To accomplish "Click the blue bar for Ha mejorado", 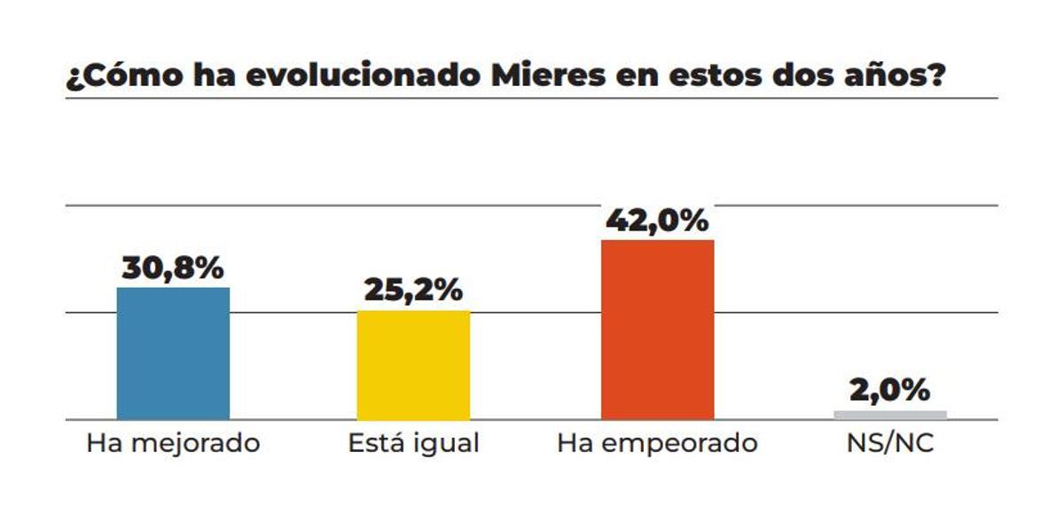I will (173, 354).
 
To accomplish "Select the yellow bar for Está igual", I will (413, 365).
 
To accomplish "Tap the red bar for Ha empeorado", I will (657, 330).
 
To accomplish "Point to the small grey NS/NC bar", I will (889, 415).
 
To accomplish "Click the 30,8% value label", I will (173, 269).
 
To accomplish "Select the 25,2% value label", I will (413, 291).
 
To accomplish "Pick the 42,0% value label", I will (657, 221).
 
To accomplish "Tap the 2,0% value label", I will (889, 390).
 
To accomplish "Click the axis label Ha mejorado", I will (173, 443).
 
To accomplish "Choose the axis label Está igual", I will (413, 443).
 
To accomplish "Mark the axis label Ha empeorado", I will (657, 443).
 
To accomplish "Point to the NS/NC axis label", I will (889, 443).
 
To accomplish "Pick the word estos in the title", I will (727, 76).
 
